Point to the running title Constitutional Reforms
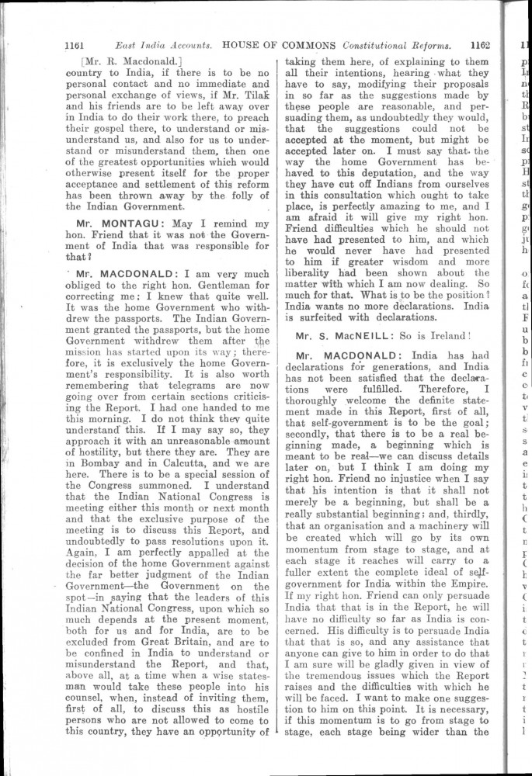[395, 46]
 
